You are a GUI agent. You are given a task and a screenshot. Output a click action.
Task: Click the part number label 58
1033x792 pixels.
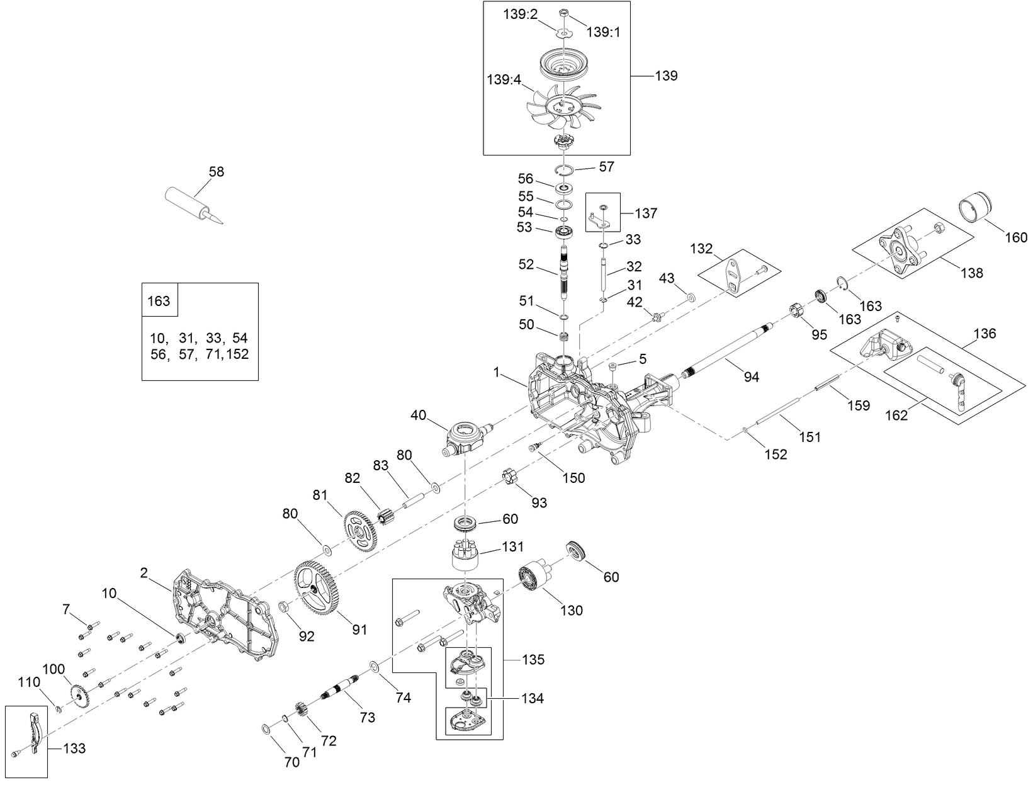point(216,171)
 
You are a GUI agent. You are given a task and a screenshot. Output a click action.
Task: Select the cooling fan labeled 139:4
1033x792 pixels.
point(563,106)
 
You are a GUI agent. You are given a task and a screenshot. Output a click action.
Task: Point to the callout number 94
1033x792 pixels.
point(751,376)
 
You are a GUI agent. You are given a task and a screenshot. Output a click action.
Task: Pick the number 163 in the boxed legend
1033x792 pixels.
point(159,301)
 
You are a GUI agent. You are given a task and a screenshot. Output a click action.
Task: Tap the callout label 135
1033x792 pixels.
point(533,660)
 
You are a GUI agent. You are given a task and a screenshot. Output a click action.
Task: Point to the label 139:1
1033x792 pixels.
point(603,32)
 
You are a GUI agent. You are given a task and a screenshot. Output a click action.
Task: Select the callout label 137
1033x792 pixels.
point(646,213)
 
